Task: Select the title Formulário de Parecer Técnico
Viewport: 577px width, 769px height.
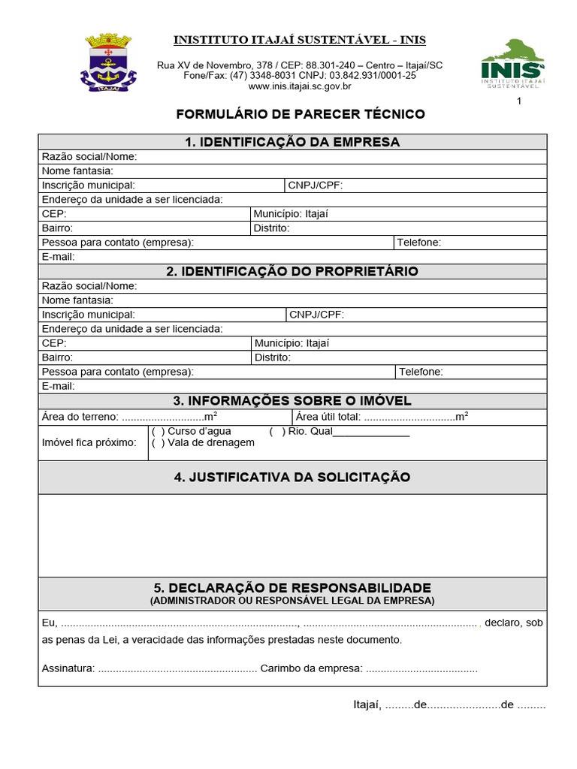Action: click(x=300, y=114)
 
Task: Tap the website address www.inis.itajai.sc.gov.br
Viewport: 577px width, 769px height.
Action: click(x=300, y=86)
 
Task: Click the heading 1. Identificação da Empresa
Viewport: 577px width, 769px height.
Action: click(x=292, y=142)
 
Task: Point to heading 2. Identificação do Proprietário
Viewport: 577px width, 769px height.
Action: click(x=292, y=271)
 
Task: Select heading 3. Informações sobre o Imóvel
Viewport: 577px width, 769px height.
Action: click(x=292, y=401)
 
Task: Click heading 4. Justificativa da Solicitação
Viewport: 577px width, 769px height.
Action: click(x=292, y=478)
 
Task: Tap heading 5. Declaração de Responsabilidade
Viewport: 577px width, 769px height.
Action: click(x=292, y=587)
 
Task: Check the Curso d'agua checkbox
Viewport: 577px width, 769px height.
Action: click(x=158, y=432)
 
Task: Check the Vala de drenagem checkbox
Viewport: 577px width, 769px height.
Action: click(x=158, y=443)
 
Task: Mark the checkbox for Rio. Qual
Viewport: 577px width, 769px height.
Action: click(x=276, y=432)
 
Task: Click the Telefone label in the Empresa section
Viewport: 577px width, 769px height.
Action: click(x=418, y=243)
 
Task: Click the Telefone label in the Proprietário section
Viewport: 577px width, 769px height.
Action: click(x=421, y=372)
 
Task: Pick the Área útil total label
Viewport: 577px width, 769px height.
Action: click(x=328, y=417)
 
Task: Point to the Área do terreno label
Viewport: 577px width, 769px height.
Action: click(x=80, y=417)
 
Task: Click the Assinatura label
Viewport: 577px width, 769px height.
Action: click(x=68, y=668)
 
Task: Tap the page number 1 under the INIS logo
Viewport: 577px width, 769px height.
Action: click(x=518, y=102)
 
